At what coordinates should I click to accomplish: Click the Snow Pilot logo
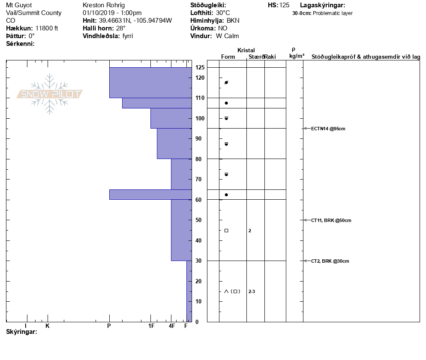tap(50, 94)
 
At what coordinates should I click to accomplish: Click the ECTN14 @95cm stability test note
tap(328, 129)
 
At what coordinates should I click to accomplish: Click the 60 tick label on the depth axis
tap(198, 200)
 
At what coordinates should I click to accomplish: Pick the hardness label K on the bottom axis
tap(48, 326)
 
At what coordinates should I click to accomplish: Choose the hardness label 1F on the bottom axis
tap(151, 326)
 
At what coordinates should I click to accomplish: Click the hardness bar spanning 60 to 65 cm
tap(150, 195)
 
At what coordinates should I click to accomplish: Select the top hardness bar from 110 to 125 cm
tap(150, 83)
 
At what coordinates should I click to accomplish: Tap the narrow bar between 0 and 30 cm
tap(189, 291)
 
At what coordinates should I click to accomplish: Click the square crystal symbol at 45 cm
tap(226, 231)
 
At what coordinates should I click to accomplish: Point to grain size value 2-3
tap(252, 292)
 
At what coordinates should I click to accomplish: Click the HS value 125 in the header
tap(284, 5)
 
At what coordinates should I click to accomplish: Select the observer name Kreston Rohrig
tap(103, 5)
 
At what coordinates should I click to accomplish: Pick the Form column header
tap(228, 57)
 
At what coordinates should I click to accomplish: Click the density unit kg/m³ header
tap(297, 56)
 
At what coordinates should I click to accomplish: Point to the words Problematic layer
tap(333, 13)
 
